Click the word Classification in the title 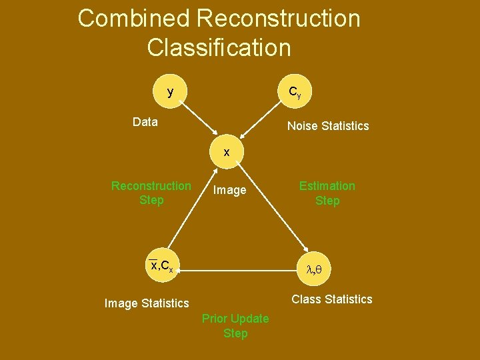pyautogui.click(x=219, y=48)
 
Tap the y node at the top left pyautogui.click(x=171, y=92)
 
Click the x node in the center pyautogui.click(x=227, y=152)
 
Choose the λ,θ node pyautogui.click(x=313, y=270)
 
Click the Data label pyautogui.click(x=145, y=122)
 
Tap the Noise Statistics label pyautogui.click(x=327, y=126)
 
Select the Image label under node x pyautogui.click(x=229, y=191)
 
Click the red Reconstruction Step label pyautogui.click(x=151, y=193)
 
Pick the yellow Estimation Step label pyautogui.click(x=327, y=193)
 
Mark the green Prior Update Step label pyautogui.click(x=235, y=326)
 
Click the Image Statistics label pyautogui.click(x=147, y=303)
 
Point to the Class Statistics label pyautogui.click(x=332, y=299)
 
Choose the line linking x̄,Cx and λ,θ pyautogui.click(x=237, y=271)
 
